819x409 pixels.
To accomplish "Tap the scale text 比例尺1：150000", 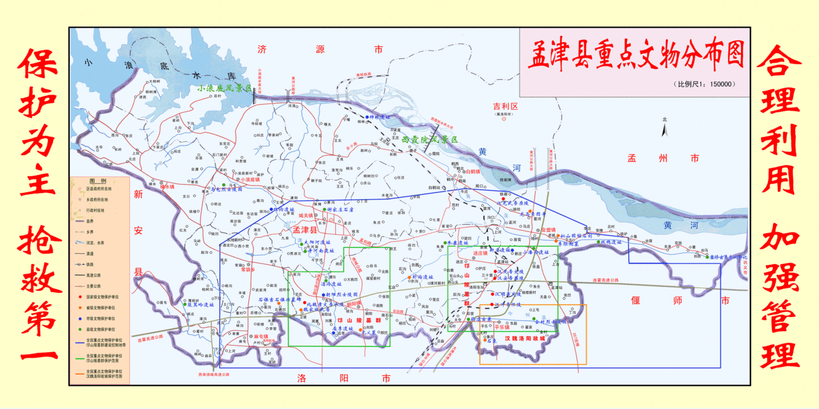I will point(704,84).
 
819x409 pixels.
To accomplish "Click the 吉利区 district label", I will point(505,106).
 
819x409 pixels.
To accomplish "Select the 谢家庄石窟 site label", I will point(340,209).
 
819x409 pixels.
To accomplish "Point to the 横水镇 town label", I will point(166,187).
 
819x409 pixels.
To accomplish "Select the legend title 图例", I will point(98,181).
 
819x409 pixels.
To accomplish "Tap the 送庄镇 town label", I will point(481,254).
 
